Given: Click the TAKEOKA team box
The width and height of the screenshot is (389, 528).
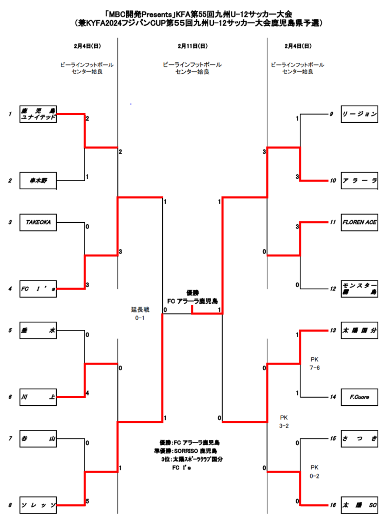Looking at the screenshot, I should pyautogui.click(x=38, y=222).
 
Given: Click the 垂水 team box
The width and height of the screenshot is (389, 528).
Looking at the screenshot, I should pyautogui.click(x=38, y=330).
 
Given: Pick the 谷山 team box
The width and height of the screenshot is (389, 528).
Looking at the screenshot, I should pyautogui.click(x=38, y=439).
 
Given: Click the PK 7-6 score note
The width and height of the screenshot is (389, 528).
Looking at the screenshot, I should pyautogui.click(x=315, y=364).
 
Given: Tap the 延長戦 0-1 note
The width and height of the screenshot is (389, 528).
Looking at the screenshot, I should pyautogui.click(x=140, y=314).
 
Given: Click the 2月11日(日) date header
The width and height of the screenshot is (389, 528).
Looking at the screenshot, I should pyautogui.click(x=192, y=46).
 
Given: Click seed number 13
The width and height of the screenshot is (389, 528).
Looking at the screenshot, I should pyautogui.click(x=333, y=331).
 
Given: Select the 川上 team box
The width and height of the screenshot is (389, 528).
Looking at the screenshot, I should pyautogui.click(x=38, y=397).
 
